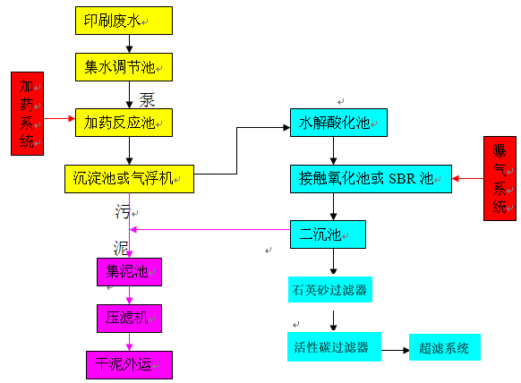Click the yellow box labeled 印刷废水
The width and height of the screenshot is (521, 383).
123,21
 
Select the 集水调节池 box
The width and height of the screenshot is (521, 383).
123,66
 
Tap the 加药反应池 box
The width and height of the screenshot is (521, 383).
123,122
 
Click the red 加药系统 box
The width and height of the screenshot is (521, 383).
30,114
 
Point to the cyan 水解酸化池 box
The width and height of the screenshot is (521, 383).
338,123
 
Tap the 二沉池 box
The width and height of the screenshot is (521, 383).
328,234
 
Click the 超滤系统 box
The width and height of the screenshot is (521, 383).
444,346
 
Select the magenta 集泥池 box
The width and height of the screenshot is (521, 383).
129,271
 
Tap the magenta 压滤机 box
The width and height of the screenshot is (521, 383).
129,317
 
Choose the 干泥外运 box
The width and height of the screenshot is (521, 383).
129,363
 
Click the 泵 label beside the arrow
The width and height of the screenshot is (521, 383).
147,98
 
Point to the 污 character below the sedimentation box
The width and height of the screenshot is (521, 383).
122,211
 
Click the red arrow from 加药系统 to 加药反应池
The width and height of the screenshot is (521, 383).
59,118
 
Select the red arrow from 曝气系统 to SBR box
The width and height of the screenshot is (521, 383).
466,179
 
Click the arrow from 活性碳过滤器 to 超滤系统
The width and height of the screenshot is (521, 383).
394,347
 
